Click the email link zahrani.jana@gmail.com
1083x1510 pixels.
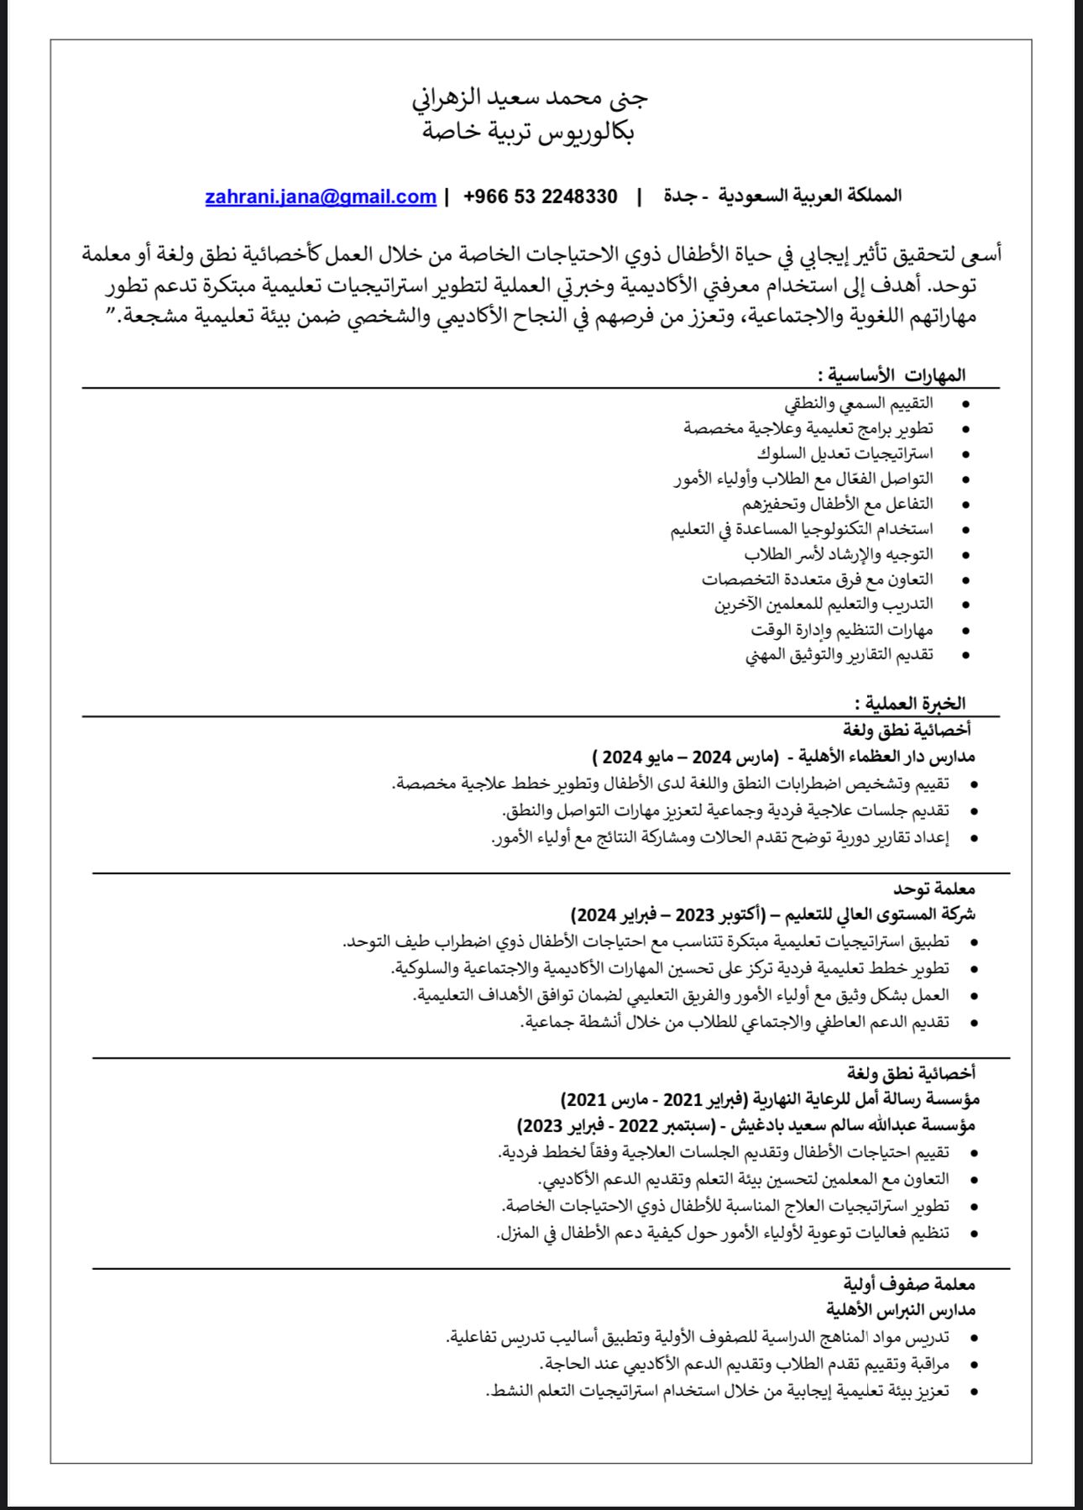[x=321, y=197]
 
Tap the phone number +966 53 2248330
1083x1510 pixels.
[x=540, y=197]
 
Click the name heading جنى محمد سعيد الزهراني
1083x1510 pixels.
[x=530, y=98]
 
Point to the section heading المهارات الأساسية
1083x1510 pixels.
[x=892, y=375]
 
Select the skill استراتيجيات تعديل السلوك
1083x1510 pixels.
[x=845, y=454]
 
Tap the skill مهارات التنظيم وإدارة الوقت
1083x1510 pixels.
[x=842, y=629]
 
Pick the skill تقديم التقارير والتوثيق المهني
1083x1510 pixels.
[x=840, y=654]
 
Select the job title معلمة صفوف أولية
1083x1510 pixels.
[x=909, y=1284]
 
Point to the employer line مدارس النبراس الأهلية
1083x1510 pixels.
[x=901, y=1309]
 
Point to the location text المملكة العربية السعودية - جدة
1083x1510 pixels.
[x=782, y=197]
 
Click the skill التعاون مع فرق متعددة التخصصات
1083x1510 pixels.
[x=818, y=579]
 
